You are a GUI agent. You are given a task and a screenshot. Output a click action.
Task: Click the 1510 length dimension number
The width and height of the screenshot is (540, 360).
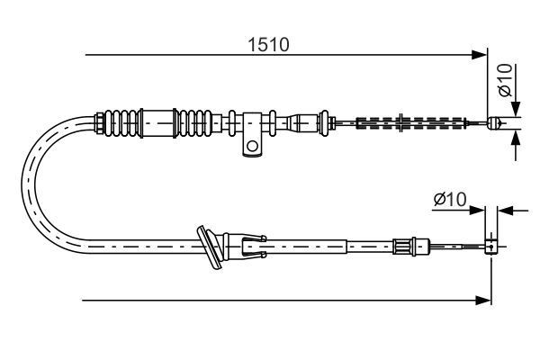pyautogui.click(x=271, y=44)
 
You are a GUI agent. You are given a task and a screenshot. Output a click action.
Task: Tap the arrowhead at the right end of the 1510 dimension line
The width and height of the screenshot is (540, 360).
pyautogui.click(x=481, y=57)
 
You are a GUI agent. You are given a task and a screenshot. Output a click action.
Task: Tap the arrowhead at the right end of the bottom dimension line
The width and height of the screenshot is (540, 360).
pyautogui.click(x=484, y=300)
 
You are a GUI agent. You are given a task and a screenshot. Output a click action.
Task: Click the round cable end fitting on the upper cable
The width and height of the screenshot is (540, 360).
pyautogui.click(x=493, y=122)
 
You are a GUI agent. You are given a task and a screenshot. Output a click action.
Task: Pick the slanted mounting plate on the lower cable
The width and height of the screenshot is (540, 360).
pyautogui.click(x=212, y=247)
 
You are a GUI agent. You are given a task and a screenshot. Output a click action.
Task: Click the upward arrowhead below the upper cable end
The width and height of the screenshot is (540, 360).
pyautogui.click(x=516, y=137)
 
